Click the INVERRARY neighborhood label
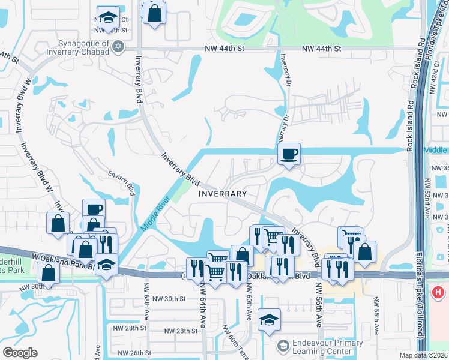[223, 194]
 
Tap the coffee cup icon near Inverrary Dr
[289, 154]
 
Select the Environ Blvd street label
[121, 181]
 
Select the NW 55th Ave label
[376, 312]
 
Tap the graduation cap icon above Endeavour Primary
[269, 320]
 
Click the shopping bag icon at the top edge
[154, 12]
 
